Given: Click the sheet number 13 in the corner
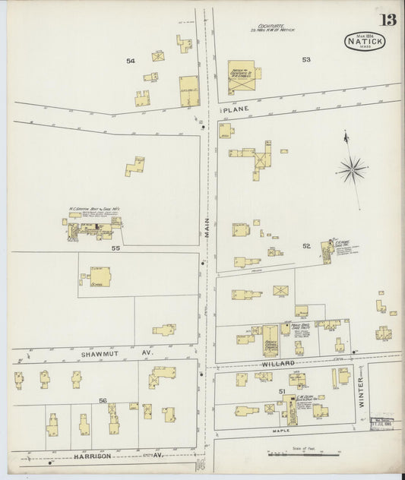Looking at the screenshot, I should pyautogui.click(x=388, y=20).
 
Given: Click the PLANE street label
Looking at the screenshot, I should pyautogui.click(x=231, y=110).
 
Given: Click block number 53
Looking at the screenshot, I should pyautogui.click(x=306, y=58).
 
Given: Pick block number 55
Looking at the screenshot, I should pyautogui.click(x=116, y=248).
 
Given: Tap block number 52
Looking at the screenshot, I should pyautogui.click(x=305, y=245).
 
